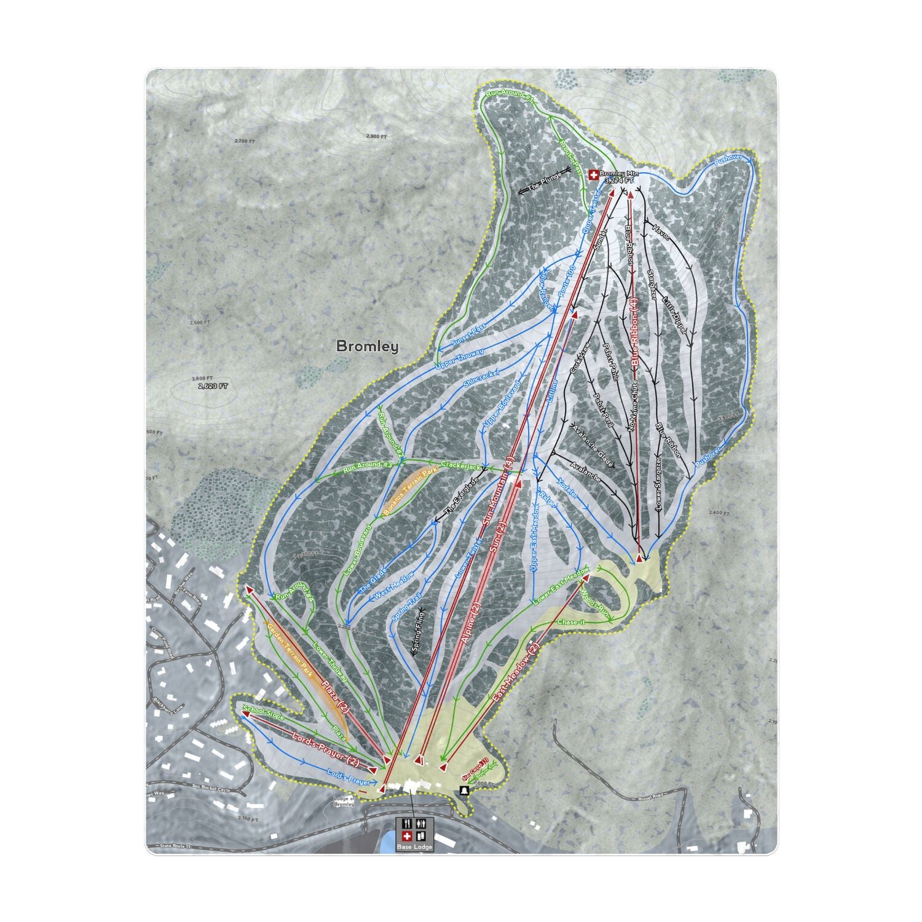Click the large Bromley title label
coord(367,347)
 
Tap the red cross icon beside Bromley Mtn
coord(593,175)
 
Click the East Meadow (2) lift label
coord(516,673)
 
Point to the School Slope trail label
coord(264,714)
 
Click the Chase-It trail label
coord(571,623)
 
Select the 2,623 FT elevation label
coord(213,387)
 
